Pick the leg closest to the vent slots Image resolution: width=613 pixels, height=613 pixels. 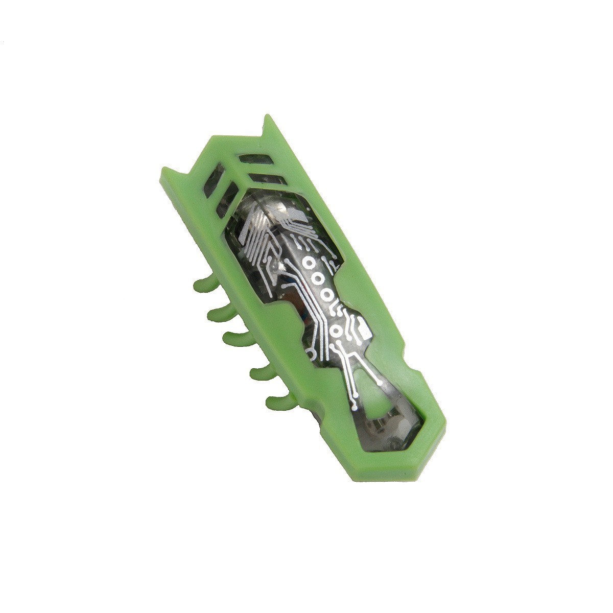pyautogui.click(x=203, y=284)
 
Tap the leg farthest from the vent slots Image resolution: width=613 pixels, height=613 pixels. pyautogui.click(x=278, y=401)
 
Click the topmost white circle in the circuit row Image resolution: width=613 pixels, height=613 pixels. pyautogui.click(x=309, y=263)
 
